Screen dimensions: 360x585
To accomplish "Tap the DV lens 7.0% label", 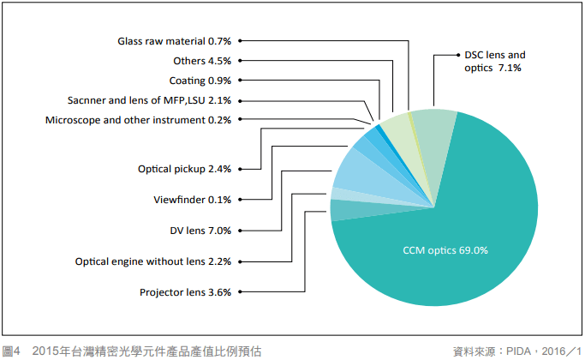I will click(201, 231).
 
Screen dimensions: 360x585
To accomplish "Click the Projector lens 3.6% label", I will click(186, 292).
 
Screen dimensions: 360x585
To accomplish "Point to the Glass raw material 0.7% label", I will click(175, 40).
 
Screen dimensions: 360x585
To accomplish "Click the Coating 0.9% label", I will click(200, 81).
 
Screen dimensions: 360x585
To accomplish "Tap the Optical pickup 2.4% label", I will click(184, 170).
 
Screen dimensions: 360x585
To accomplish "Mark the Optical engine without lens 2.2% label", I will click(153, 261).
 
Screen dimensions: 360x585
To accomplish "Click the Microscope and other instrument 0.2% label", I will click(139, 120).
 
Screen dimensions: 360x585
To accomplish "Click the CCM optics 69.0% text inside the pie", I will click(445, 251).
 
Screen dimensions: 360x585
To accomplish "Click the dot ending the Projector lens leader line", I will click(241, 292).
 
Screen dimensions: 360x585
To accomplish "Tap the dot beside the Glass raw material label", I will click(241, 40).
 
